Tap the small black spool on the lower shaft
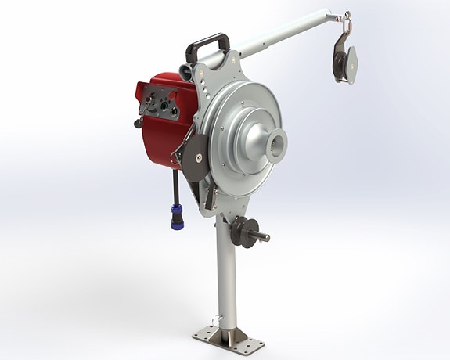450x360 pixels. click(x=238, y=232)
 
